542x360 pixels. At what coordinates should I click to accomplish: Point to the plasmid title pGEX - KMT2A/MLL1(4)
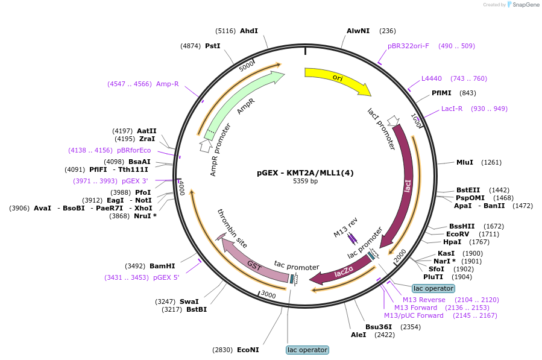(305, 173)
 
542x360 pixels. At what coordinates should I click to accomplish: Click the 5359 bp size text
(305, 181)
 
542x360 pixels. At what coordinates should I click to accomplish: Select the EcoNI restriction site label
(248, 350)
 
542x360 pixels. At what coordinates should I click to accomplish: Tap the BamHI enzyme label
(162, 266)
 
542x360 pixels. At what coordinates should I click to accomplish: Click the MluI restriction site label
(465, 162)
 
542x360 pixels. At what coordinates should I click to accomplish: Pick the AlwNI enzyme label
(358, 31)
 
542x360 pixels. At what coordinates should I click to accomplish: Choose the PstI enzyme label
(213, 46)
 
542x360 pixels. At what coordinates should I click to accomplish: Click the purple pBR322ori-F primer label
(408, 46)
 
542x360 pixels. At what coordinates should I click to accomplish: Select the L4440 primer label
(432, 78)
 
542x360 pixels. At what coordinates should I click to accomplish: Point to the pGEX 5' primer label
(166, 277)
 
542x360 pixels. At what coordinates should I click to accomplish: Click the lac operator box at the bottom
(307, 350)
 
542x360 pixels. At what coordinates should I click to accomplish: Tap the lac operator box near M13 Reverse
(433, 288)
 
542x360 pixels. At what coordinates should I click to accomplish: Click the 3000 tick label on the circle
(268, 295)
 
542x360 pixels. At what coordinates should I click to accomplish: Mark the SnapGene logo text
(526, 4)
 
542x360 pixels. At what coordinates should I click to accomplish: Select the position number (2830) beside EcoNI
(222, 350)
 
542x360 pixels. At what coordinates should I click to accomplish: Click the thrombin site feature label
(232, 229)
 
